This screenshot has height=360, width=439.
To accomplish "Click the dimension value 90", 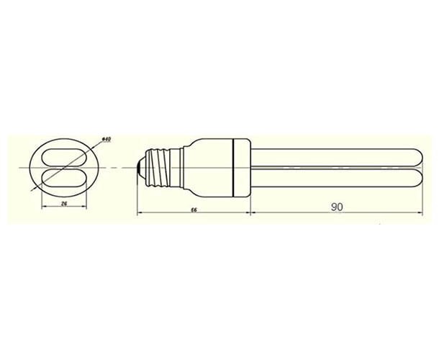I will pyautogui.click(x=336, y=207).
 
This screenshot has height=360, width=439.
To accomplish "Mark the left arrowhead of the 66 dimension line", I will pyautogui.click(x=139, y=213).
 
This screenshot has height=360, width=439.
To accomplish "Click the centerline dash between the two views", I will pyautogui.click(x=116, y=166).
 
